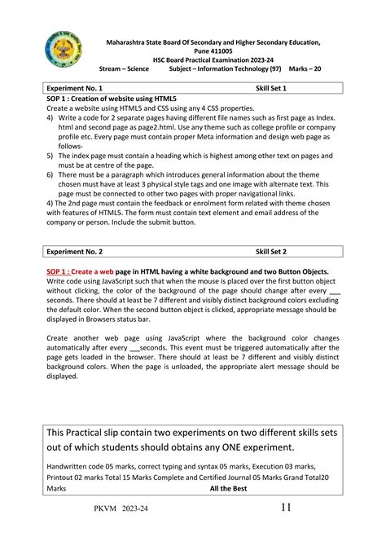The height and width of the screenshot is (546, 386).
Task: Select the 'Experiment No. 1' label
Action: click(75, 87)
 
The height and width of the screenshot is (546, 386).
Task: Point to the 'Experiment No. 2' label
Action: click(75, 253)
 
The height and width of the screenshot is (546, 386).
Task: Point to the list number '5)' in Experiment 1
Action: click(50, 154)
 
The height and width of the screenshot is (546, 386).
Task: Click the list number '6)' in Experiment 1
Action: click(50, 174)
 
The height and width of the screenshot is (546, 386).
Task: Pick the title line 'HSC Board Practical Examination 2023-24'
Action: click(213, 59)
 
